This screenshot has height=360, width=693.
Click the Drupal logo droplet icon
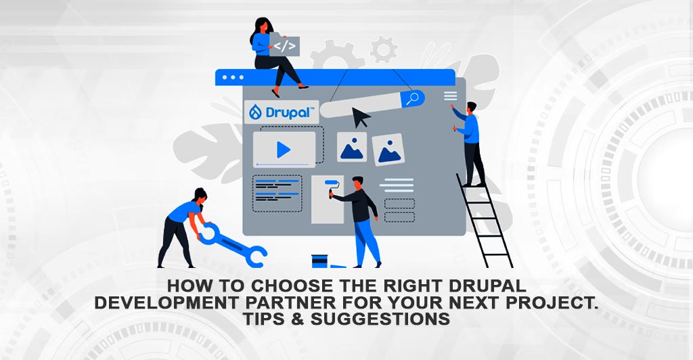tap(255, 112)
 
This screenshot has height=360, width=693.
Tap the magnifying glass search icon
tap(413, 99)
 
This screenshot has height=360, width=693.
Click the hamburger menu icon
tap(450, 96)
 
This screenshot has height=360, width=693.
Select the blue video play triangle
tap(284, 150)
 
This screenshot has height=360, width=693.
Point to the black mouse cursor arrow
tap(361, 117)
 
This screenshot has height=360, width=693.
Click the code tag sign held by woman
tap(285, 45)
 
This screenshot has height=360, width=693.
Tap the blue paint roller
tap(333, 186)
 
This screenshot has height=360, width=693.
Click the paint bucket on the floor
tap(319, 261)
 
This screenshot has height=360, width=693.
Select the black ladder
tap(485, 221)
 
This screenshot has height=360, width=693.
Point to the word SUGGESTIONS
tap(380, 319)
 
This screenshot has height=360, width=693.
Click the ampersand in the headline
tap(298, 319)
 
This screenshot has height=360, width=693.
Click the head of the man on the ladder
tap(472, 108)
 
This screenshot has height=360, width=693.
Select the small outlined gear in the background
tap(383, 49)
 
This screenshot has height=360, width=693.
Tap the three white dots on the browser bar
tap(233, 77)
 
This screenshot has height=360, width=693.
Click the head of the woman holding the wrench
tap(200, 195)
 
